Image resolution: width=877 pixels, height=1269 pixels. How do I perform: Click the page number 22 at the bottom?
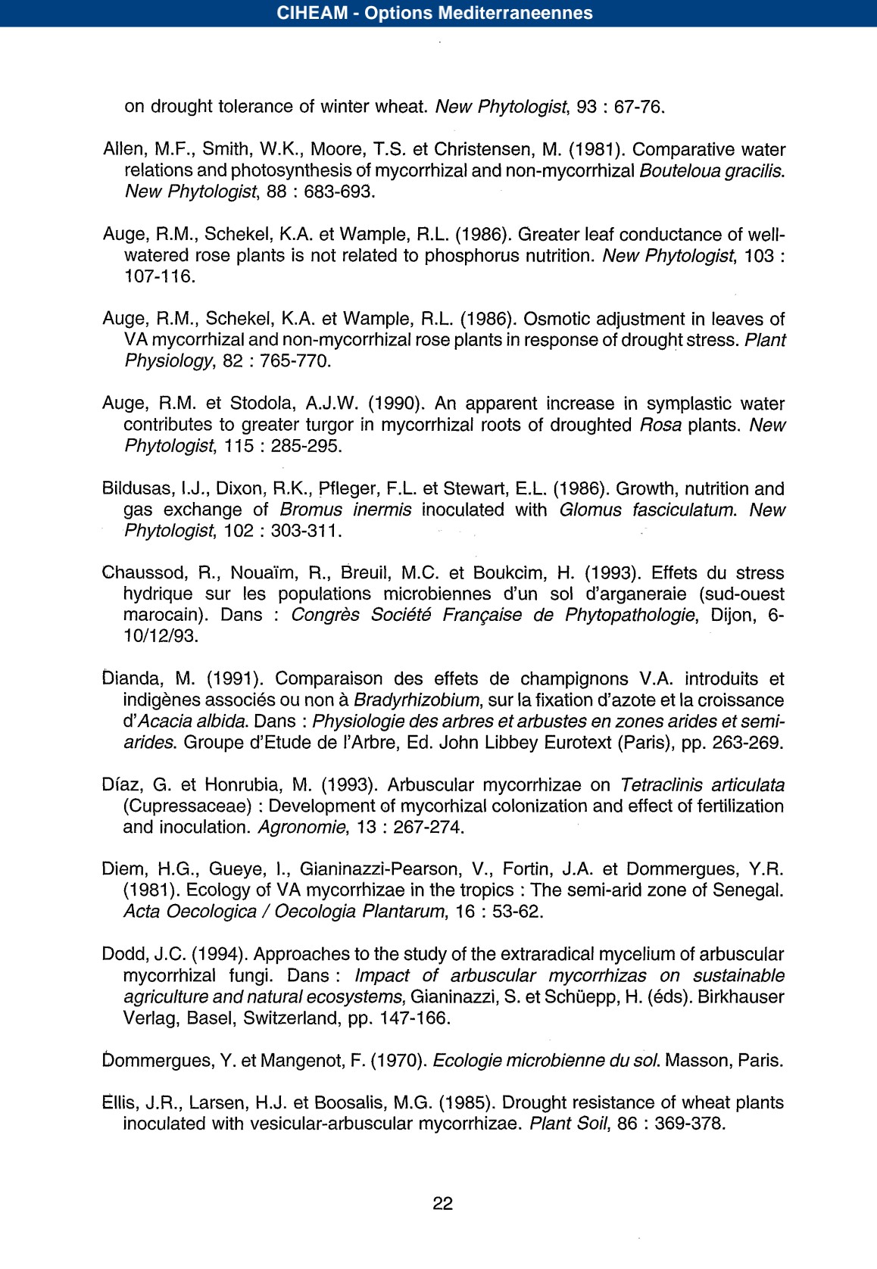[x=442, y=1203]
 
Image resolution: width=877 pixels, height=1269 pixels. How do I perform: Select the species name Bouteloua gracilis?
[x=711, y=170]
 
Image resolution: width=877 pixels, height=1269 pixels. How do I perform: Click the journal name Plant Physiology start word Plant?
[x=765, y=340]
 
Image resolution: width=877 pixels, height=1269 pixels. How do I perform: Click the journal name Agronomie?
[x=302, y=827]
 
